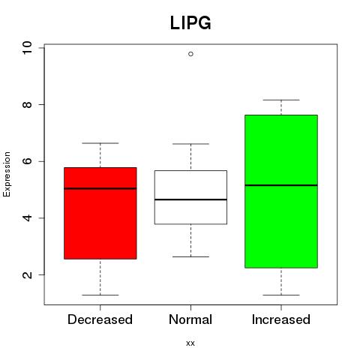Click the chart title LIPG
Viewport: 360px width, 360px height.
[x=190, y=22]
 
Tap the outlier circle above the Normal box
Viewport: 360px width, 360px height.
[x=190, y=54]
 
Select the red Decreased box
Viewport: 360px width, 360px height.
[x=100, y=213]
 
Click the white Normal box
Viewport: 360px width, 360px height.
[x=190, y=197]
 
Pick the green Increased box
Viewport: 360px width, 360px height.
[x=281, y=191]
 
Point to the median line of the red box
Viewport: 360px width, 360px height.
[x=100, y=188]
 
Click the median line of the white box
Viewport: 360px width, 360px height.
[x=190, y=199]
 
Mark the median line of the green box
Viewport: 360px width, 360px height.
[x=281, y=185]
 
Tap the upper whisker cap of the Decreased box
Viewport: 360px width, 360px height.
[x=100, y=143]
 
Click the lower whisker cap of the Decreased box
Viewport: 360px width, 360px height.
[x=100, y=295]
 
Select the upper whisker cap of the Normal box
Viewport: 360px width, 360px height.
[x=190, y=144]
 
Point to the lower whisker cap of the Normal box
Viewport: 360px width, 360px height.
[x=190, y=256]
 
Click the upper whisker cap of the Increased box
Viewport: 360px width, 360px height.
[x=281, y=100]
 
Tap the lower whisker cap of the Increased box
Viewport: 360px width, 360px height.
[x=281, y=295]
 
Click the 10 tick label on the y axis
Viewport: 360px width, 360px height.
[x=27, y=47]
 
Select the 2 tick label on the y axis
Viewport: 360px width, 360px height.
[x=27, y=274]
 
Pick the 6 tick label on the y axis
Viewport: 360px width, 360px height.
[x=27, y=161]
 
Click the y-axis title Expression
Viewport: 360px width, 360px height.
[x=7, y=174]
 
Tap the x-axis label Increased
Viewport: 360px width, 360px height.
[x=281, y=319]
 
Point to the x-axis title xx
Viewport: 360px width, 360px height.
[x=190, y=343]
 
